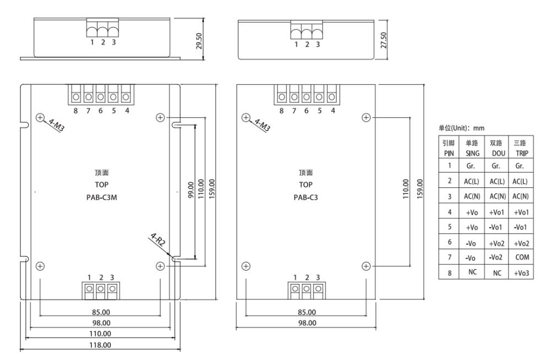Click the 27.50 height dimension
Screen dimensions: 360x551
point(384,40)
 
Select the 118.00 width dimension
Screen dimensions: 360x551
point(101,345)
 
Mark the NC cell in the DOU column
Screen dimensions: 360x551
point(496,272)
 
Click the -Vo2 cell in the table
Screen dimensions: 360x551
point(496,257)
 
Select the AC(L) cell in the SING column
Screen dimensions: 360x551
point(472,181)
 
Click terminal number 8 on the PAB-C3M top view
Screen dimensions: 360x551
point(75,111)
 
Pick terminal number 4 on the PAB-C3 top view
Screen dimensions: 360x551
point(333,111)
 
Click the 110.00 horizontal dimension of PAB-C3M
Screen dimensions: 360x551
point(101,334)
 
